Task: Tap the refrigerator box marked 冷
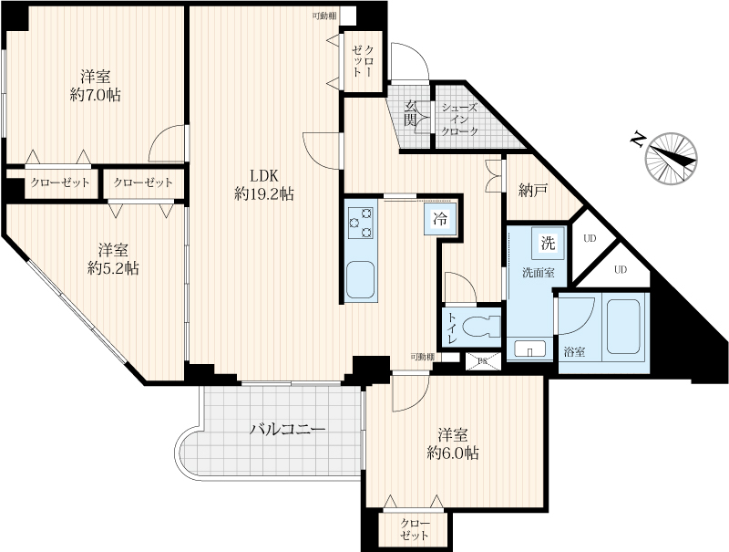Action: [440, 219]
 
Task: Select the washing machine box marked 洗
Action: [549, 243]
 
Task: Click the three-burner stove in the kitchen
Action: [361, 224]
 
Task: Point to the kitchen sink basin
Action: [361, 280]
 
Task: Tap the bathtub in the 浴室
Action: [623, 328]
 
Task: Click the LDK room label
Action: [264, 176]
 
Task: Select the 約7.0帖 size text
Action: [96, 96]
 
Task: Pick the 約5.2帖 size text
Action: [113, 268]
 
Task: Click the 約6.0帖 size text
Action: [453, 453]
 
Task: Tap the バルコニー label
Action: [287, 429]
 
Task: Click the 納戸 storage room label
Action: [533, 190]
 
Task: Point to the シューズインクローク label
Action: [460, 120]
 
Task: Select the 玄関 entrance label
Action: [409, 113]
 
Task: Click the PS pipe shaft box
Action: [484, 360]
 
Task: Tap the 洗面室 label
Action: [539, 273]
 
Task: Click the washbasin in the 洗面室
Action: [530, 349]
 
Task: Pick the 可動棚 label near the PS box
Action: [422, 357]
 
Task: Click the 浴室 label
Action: [574, 352]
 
